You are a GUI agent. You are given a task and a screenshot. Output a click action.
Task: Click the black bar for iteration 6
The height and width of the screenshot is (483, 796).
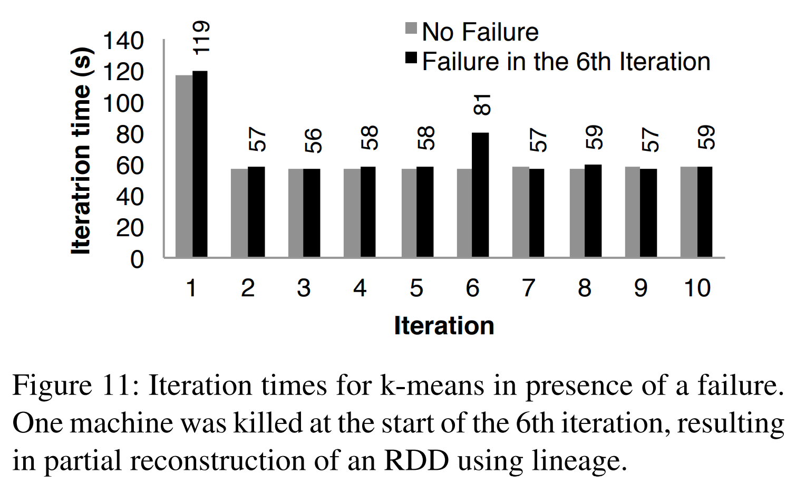point(480,195)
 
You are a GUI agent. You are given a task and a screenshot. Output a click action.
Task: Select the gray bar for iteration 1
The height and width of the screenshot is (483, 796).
point(184,166)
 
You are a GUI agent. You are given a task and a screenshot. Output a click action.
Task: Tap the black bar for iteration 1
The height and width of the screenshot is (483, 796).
point(200,164)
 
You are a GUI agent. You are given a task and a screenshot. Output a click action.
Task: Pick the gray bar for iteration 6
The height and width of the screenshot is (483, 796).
point(464,213)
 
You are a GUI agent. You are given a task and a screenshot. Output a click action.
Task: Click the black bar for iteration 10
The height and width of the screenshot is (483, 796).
point(705,212)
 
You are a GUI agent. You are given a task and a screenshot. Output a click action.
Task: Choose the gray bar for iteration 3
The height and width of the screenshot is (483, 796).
point(296,213)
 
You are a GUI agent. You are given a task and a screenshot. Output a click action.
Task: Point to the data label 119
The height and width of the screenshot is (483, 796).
point(201,37)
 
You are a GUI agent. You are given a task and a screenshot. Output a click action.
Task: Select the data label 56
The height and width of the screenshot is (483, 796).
point(313,140)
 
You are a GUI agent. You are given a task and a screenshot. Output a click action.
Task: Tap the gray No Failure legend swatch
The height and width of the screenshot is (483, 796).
point(411,28)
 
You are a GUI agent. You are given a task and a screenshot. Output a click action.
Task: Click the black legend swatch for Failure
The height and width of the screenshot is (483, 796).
point(411,57)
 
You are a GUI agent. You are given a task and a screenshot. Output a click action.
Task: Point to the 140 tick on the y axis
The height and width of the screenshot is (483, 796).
point(123,41)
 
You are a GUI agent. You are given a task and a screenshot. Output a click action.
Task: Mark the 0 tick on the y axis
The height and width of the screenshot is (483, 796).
point(137,259)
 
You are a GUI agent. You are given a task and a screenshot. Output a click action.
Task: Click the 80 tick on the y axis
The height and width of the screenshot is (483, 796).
point(130,135)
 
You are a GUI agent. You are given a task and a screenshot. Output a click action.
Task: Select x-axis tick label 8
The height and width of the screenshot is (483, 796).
point(585,288)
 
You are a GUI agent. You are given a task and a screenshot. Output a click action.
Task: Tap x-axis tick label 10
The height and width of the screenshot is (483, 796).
point(697,288)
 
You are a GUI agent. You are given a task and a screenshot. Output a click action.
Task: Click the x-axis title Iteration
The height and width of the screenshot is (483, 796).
point(444,325)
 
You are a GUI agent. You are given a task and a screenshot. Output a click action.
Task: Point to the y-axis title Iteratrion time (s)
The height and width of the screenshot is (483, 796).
point(82,151)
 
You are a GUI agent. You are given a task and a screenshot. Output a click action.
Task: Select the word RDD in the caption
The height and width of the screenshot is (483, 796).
point(416,460)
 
